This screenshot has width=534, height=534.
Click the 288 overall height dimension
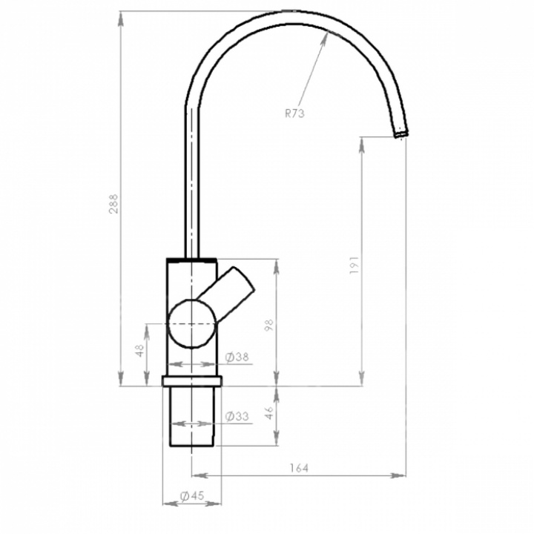[x=113, y=204]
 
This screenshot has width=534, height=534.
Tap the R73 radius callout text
[x=294, y=113]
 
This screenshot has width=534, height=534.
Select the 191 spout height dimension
[x=355, y=266]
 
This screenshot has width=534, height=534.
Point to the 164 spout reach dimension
[x=299, y=468]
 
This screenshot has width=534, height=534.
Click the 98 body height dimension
[x=269, y=326]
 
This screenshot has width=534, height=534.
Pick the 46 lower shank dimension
[x=269, y=413]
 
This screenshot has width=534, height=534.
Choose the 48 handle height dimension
[x=139, y=350]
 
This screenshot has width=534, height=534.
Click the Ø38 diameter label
[x=237, y=357]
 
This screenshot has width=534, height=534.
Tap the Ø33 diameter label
[x=237, y=416]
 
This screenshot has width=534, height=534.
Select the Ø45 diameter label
[x=192, y=496]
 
